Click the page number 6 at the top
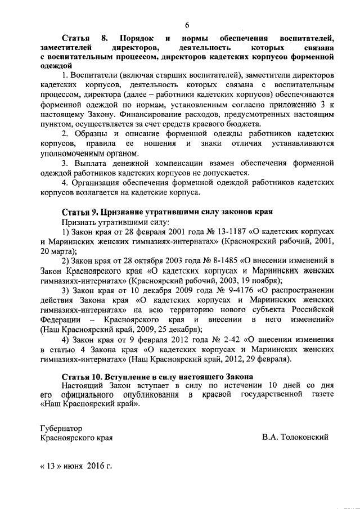pos(186,24)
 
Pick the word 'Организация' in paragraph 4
pos(100,182)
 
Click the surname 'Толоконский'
pos(303,437)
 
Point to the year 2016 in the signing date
pos(96,466)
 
